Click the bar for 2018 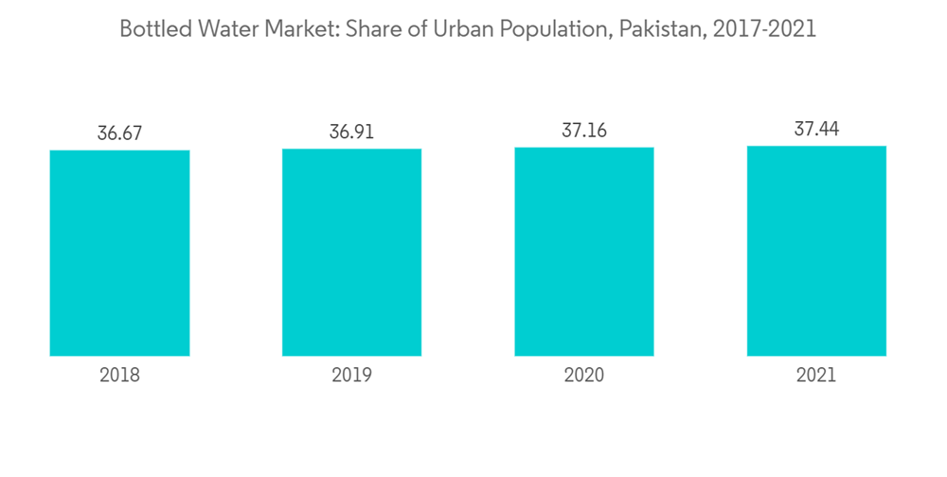coord(119,253)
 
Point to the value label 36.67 coord(119,133)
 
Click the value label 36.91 coord(351,132)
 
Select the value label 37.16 coord(584,131)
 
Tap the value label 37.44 coord(816,129)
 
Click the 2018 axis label coord(119,376)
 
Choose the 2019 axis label coord(351,376)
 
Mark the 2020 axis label coord(584,376)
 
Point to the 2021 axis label coord(816,376)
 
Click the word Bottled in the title coord(154,29)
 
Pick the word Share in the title coord(375,29)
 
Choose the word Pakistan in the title coord(654,29)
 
